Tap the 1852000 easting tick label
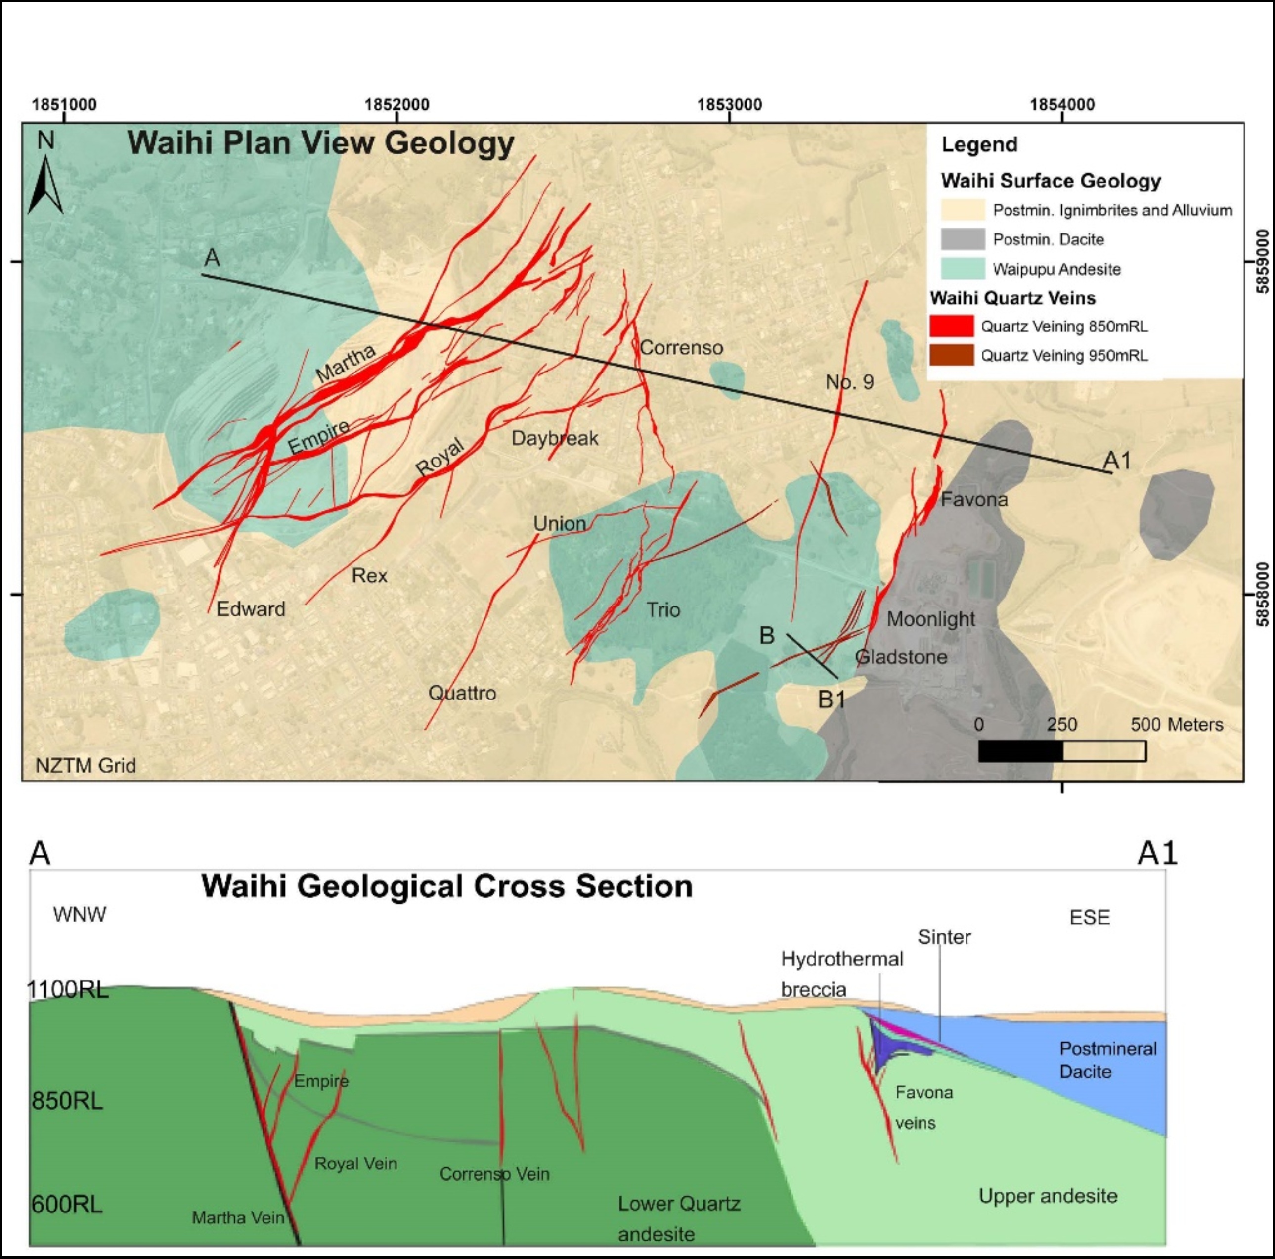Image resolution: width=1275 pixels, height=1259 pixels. (396, 104)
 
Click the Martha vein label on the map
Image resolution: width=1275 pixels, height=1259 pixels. (346, 363)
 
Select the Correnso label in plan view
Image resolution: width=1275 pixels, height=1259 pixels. (681, 347)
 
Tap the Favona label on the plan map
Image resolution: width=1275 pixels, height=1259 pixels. (974, 499)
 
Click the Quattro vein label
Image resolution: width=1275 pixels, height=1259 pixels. (462, 693)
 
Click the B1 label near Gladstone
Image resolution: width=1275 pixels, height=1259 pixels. (832, 699)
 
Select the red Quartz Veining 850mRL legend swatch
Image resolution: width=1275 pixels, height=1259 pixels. (951, 326)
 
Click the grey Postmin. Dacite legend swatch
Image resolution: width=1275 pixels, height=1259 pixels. (962, 239)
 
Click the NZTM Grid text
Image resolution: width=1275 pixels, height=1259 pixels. (86, 765)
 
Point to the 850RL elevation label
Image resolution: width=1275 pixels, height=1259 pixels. (67, 1101)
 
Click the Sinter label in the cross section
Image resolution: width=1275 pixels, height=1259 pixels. (944, 937)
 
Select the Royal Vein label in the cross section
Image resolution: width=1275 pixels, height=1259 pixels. (356, 1163)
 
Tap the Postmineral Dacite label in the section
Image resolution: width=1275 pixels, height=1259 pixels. (1107, 1060)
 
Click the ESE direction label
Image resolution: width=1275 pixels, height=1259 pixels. (1090, 917)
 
